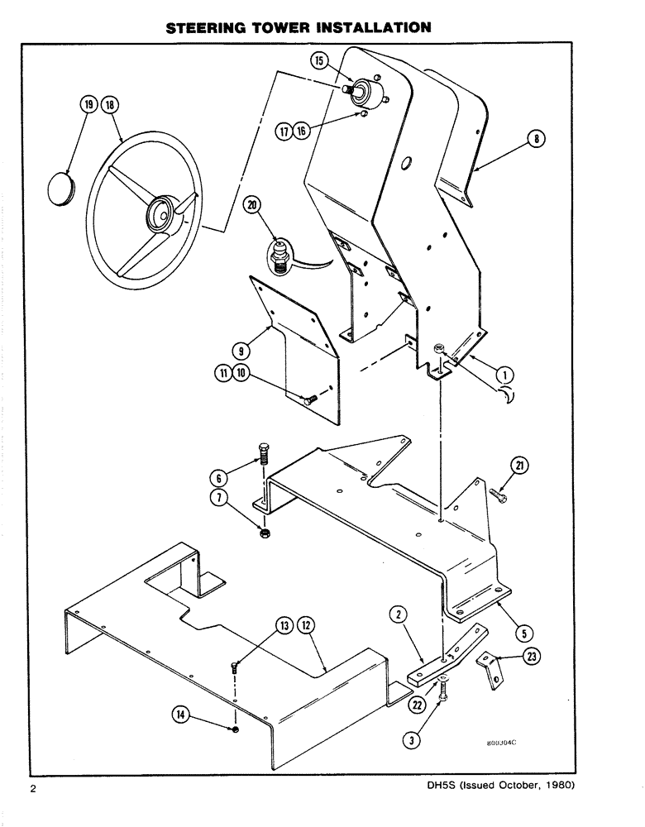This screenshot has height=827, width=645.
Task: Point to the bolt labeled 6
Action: [x=263, y=463]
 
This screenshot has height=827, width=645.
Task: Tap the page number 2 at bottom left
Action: [x=34, y=810]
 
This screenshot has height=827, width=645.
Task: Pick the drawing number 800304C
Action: [x=501, y=743]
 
